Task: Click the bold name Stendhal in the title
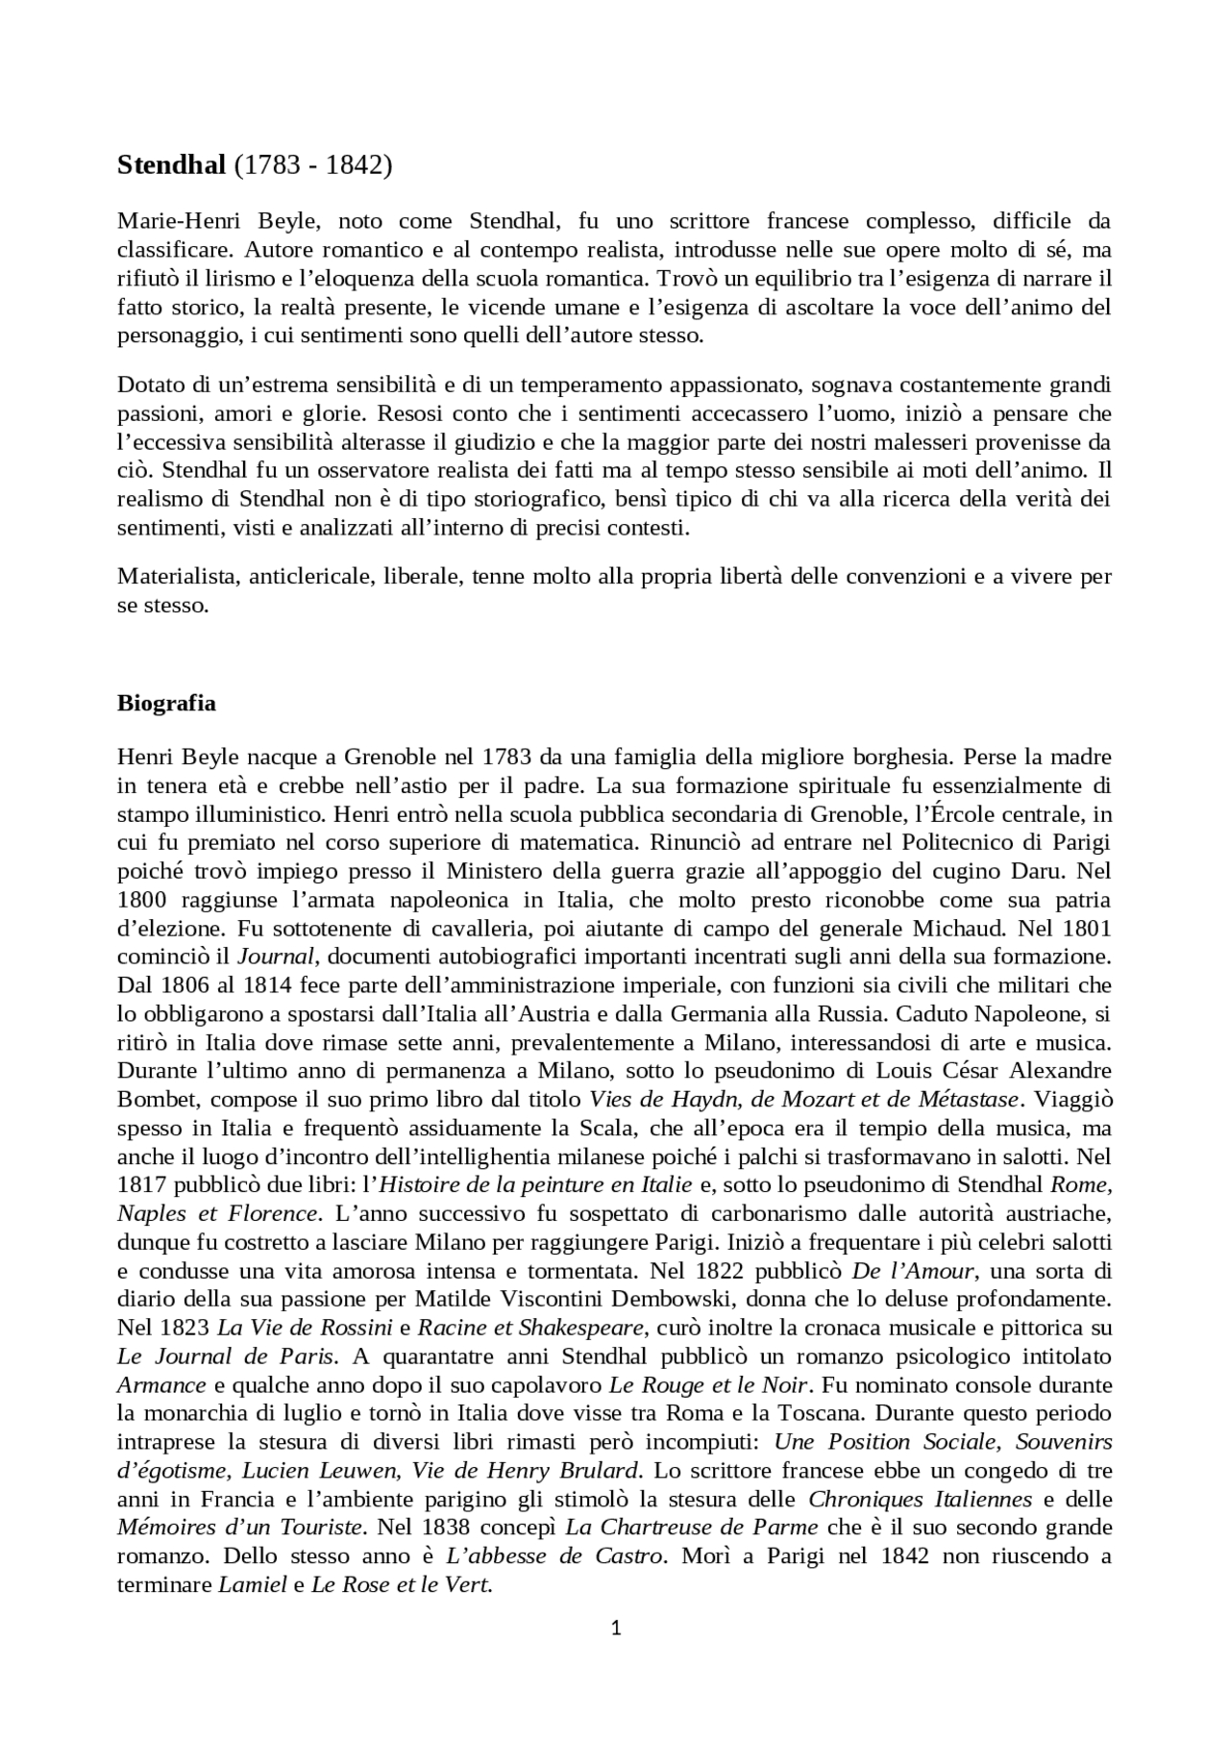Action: coord(171,165)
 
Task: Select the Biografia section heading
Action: coord(166,703)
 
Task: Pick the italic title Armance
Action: coord(161,1385)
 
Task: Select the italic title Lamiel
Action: coord(253,1585)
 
